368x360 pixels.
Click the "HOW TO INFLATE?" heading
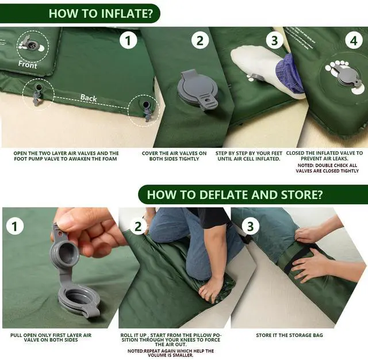pos(101,13)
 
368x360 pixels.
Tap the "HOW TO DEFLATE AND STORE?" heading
pos(235,194)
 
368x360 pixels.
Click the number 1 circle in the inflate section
pos(128,41)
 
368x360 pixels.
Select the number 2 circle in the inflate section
pos(200,41)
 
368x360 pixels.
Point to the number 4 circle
pos(354,41)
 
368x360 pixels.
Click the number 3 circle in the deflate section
pos(250,226)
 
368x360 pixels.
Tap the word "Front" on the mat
pos(28,64)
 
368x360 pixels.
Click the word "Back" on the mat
pos(89,98)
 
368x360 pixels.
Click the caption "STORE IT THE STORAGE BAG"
pos(289,335)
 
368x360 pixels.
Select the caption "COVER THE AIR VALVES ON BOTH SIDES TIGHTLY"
pos(174,156)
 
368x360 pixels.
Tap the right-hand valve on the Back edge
pos(147,110)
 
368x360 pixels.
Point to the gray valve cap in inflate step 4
pos(346,76)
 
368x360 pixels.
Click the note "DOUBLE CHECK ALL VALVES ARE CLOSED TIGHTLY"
pos(327,168)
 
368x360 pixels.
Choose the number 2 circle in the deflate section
pos(138,226)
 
